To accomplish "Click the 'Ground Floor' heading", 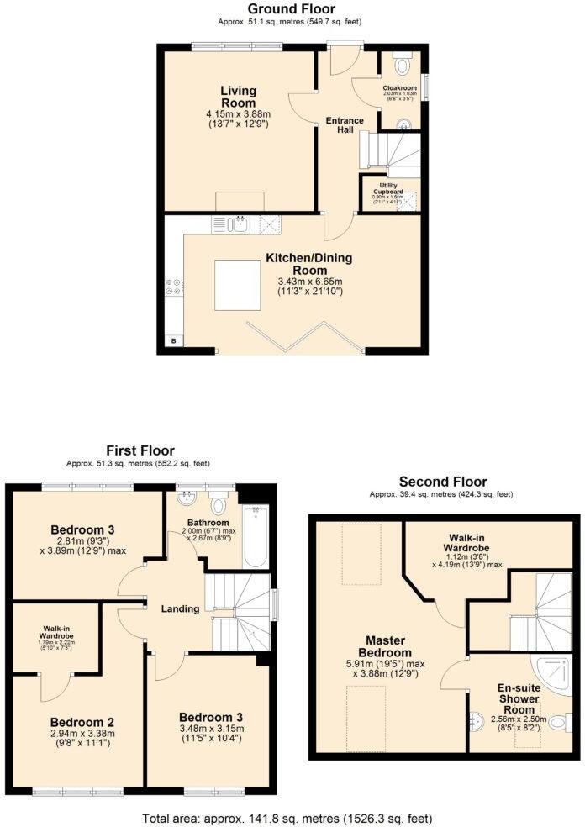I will click(292, 9).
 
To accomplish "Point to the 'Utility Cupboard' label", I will click(388, 187).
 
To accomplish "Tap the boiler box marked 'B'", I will click(173, 340).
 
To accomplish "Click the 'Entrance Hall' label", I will click(345, 125).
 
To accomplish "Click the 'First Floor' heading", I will click(139, 451).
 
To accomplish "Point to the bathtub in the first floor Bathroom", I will click(255, 537).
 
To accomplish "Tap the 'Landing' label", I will click(181, 608).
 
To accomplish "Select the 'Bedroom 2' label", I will click(82, 722).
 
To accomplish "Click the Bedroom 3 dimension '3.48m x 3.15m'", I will click(211, 729).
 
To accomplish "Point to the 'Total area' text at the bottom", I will click(292, 817).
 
